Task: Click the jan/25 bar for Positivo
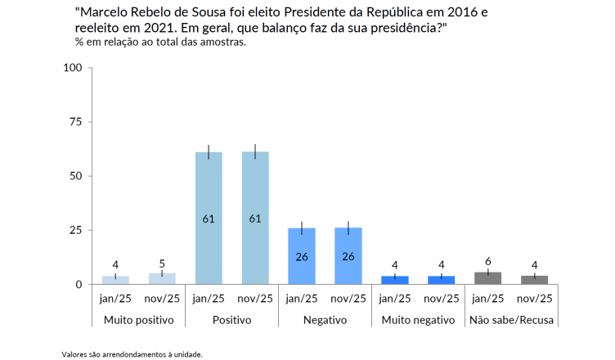point(209,218)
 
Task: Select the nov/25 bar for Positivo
point(255,218)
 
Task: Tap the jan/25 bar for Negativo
point(302,256)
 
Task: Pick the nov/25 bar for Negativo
point(348,256)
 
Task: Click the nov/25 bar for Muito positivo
point(162,279)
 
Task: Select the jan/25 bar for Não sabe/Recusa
point(488,278)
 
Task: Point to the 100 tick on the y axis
point(73,68)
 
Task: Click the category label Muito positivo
point(138,320)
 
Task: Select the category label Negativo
point(325,320)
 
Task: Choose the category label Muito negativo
point(418,320)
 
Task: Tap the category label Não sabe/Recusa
point(511,320)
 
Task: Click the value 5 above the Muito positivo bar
point(162,263)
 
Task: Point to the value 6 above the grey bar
point(488,261)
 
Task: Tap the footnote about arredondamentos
point(132,354)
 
